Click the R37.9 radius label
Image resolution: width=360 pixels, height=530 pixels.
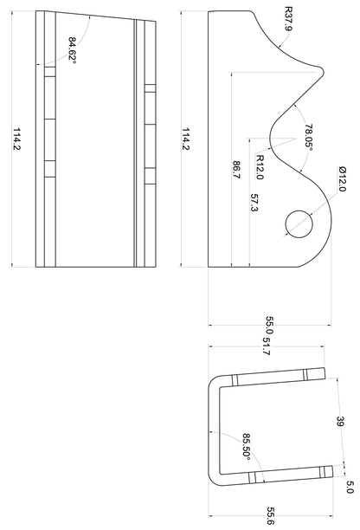[x=288, y=19]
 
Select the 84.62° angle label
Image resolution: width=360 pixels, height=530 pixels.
[x=73, y=48]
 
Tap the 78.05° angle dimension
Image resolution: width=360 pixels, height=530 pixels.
[x=308, y=136]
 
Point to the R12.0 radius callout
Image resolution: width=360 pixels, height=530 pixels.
[x=260, y=167]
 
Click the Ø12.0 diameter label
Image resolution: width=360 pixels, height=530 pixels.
[x=342, y=179]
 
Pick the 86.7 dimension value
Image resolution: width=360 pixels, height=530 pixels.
[x=236, y=170]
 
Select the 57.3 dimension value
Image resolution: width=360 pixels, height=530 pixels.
[x=254, y=203]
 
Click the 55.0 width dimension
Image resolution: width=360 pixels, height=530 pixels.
[x=269, y=325]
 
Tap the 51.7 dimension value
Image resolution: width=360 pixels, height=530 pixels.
[x=267, y=346]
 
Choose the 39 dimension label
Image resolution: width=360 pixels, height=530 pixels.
[x=340, y=422]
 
